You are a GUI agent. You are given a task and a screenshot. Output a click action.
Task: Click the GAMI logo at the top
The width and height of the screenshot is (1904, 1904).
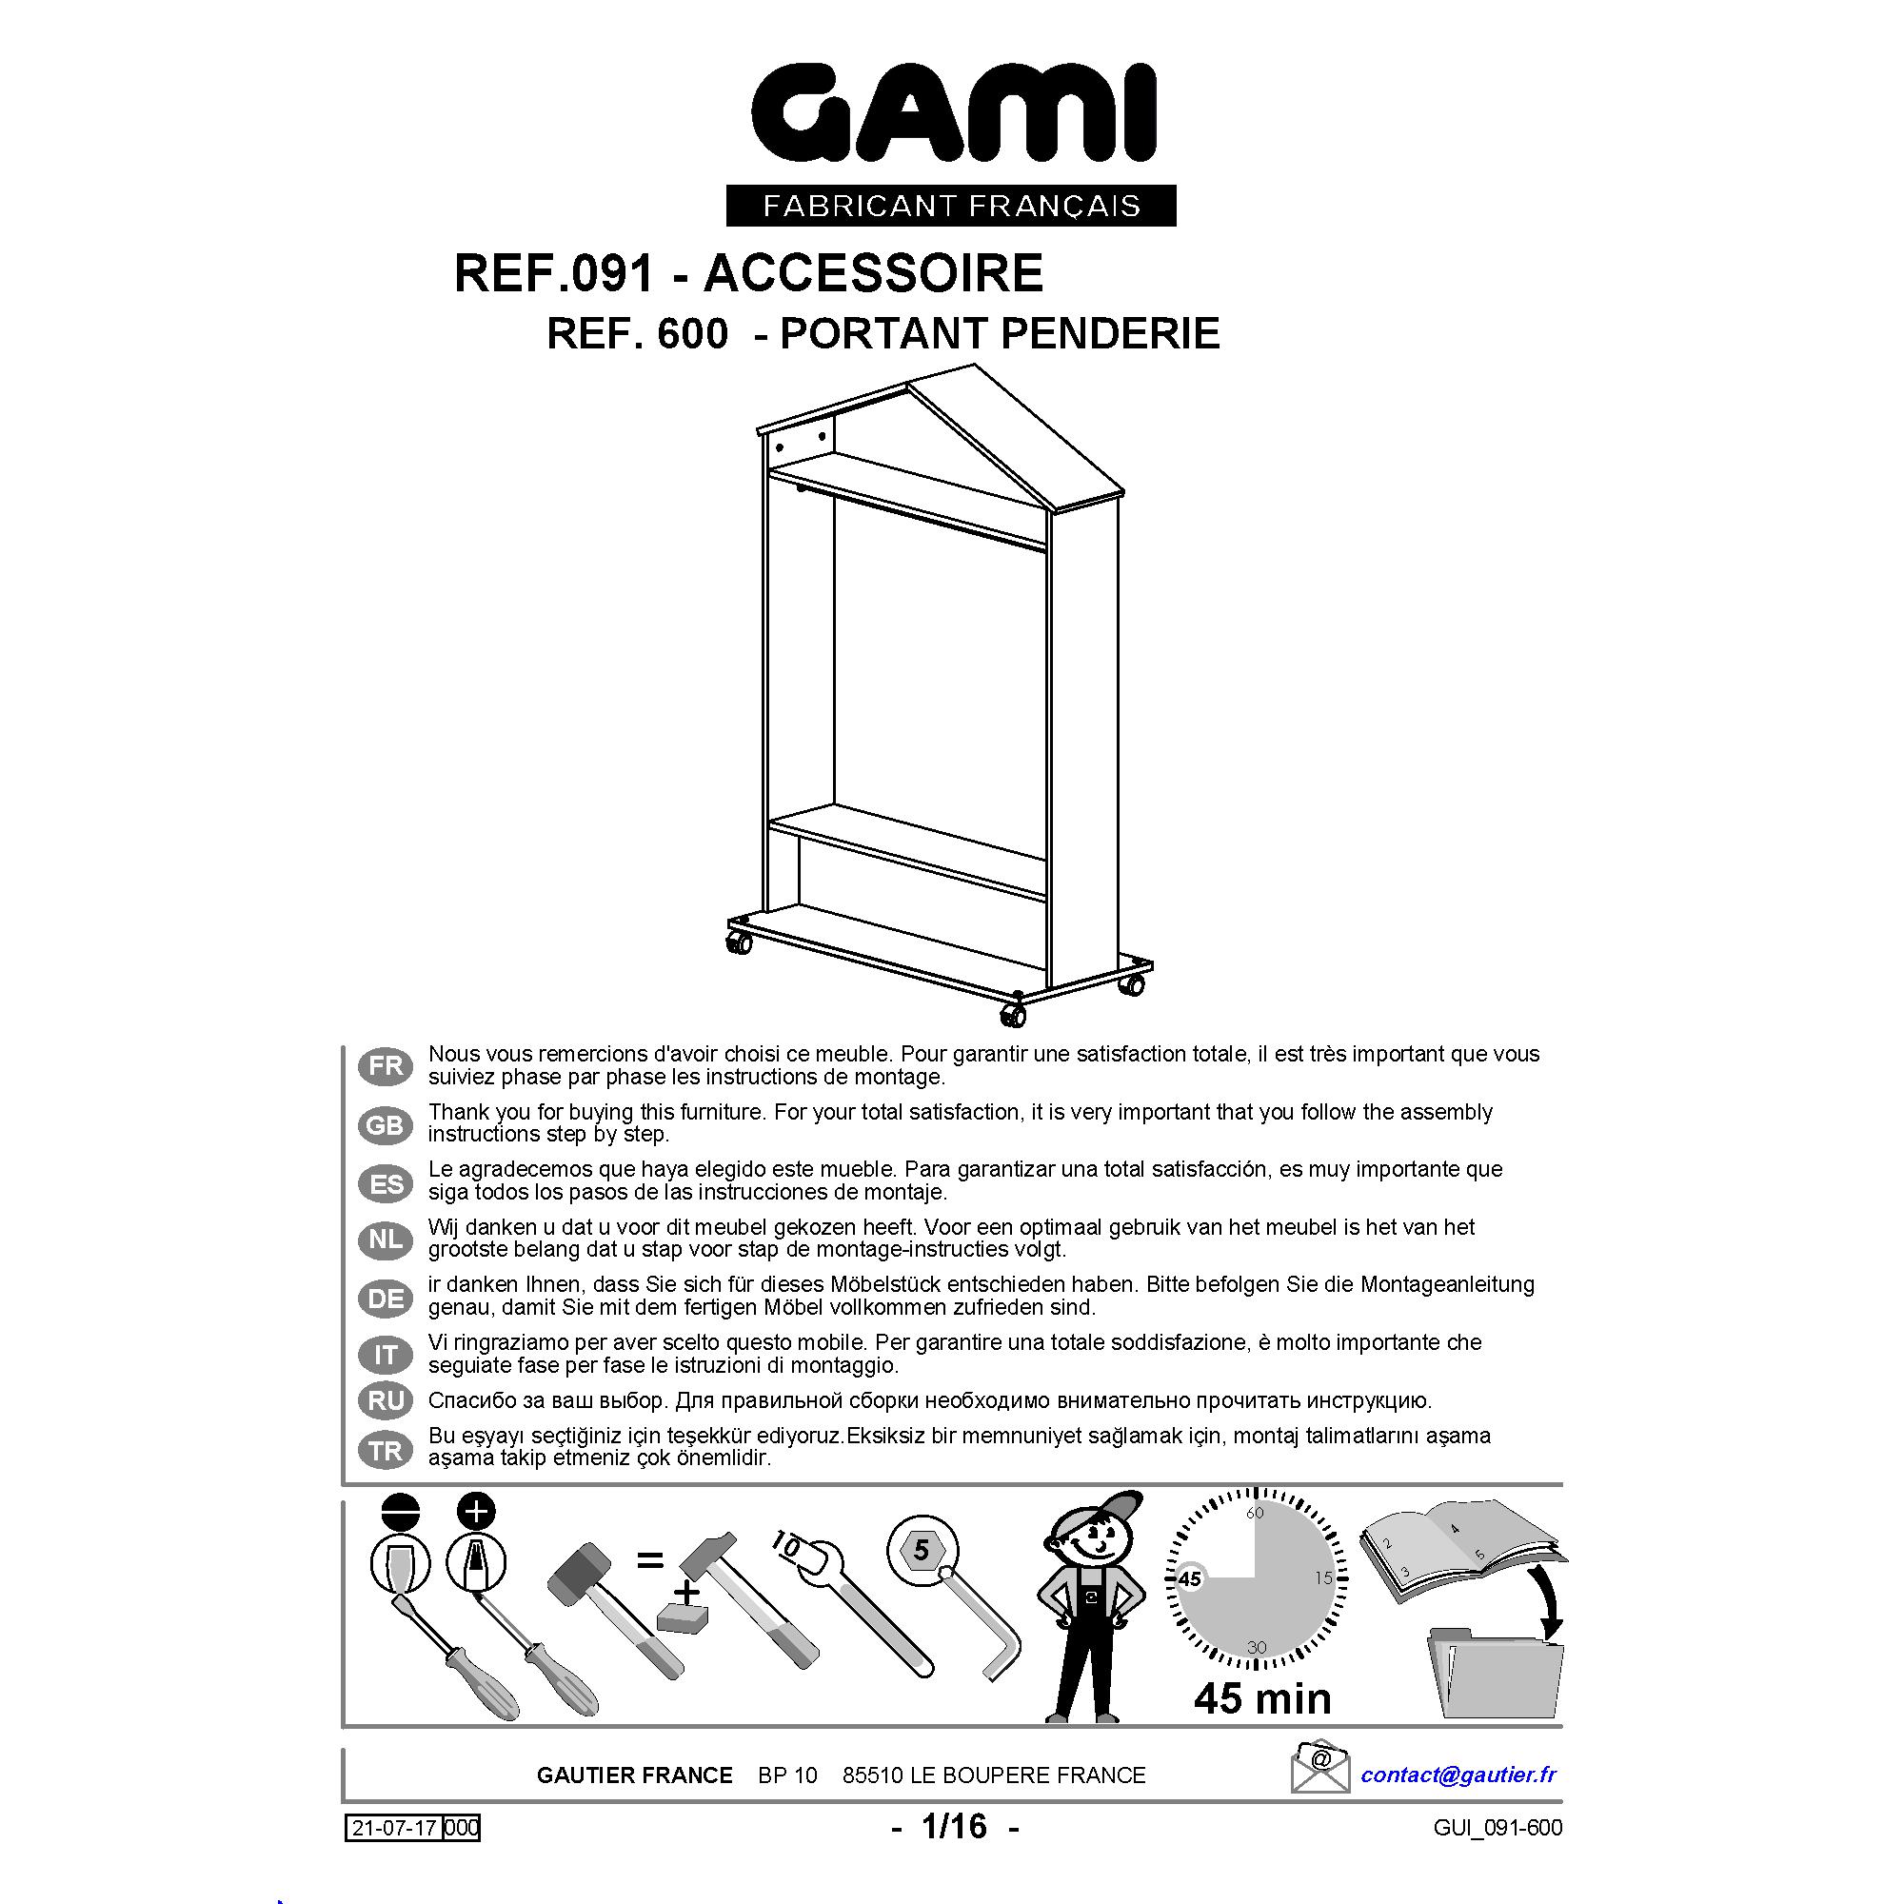(952, 114)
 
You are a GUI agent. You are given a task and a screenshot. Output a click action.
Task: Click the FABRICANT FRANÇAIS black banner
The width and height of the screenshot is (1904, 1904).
(951, 205)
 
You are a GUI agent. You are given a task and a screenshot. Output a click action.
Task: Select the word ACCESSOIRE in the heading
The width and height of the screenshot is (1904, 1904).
(873, 273)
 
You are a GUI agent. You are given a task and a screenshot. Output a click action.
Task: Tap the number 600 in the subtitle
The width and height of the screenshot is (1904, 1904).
(693, 334)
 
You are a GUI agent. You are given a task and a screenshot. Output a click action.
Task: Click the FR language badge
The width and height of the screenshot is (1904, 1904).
(386, 1066)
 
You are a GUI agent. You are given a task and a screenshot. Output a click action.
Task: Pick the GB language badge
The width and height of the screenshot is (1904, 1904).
(386, 1124)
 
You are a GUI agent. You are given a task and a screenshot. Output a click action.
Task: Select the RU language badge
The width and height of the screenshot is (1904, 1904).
(386, 1400)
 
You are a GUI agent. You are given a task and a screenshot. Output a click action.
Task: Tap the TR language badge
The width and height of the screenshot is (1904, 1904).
(386, 1451)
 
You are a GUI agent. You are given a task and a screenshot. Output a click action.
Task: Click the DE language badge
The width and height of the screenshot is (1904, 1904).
(386, 1299)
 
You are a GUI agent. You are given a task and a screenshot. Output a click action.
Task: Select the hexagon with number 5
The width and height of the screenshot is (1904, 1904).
(921, 1550)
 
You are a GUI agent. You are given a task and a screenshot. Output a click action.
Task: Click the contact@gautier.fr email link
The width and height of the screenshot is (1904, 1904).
(1458, 1775)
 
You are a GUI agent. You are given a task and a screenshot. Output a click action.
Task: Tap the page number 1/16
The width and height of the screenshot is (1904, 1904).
(954, 1826)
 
